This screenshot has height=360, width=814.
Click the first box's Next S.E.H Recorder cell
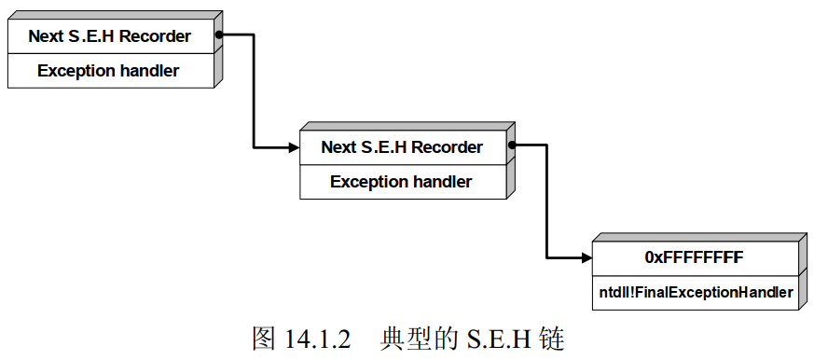110,37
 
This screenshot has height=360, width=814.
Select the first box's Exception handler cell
110,71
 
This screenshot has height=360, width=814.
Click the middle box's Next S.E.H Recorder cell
402,147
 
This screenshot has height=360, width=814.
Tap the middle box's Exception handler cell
402,182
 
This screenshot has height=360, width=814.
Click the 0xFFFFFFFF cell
695,257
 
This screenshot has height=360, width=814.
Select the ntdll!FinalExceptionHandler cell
695,292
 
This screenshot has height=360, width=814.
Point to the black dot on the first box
218,36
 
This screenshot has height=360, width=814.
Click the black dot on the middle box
511,145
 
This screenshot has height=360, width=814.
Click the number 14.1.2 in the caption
317,338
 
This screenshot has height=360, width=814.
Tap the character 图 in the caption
264,338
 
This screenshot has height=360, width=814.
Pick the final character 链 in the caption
552,338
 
